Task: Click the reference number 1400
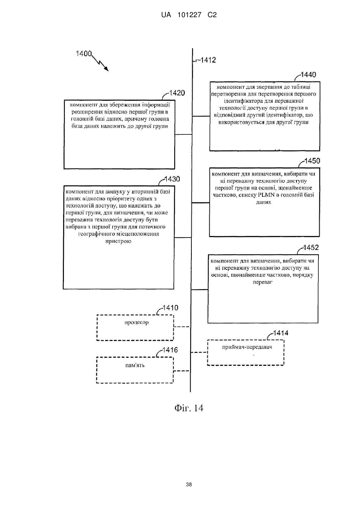[x=84, y=54]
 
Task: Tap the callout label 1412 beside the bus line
[x=208, y=60]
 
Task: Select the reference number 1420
[x=177, y=93]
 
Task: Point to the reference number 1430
[x=172, y=179]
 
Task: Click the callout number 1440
[x=308, y=75]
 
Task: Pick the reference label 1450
[x=312, y=161]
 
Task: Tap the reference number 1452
[x=311, y=248]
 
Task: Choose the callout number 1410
[x=171, y=308]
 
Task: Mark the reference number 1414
[x=281, y=333]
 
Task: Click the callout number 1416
[x=170, y=350]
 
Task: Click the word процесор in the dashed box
[x=136, y=322]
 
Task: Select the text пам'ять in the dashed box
[x=135, y=365]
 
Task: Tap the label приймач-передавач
[x=247, y=347]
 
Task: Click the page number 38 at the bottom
[x=189, y=484]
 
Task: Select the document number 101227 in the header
[x=189, y=15]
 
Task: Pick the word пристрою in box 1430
[x=118, y=241]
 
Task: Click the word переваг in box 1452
[x=263, y=282]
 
